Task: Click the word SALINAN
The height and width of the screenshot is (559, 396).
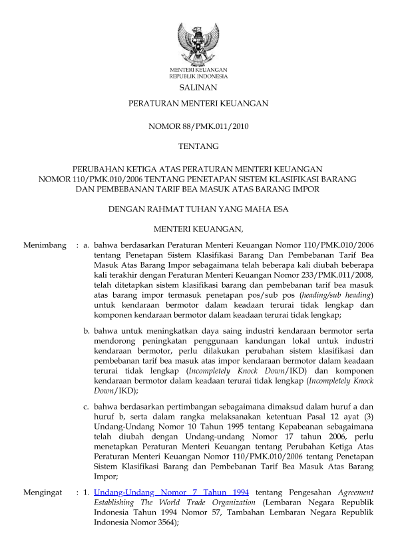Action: coord(198,87)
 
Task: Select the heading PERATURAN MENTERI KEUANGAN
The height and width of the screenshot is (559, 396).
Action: coord(198,104)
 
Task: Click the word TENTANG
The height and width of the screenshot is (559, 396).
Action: coord(198,146)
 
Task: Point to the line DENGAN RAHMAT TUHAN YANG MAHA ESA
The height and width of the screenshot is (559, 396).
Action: coord(198,210)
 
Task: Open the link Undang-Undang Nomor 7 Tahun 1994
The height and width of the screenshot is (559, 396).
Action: coord(172,493)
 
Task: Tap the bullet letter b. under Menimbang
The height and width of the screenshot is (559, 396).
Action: coord(87,330)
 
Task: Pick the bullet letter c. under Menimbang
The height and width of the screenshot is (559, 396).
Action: coord(87,405)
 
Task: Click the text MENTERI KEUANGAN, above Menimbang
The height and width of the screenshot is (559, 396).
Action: coord(198,230)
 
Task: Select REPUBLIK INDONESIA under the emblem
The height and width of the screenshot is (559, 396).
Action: coord(198,76)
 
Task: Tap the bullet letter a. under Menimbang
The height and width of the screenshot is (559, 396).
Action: coord(87,246)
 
